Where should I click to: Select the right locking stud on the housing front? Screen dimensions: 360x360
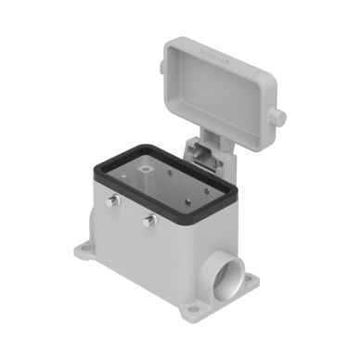[x=148, y=220]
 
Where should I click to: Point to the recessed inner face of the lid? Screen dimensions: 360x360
[x=223, y=78]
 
